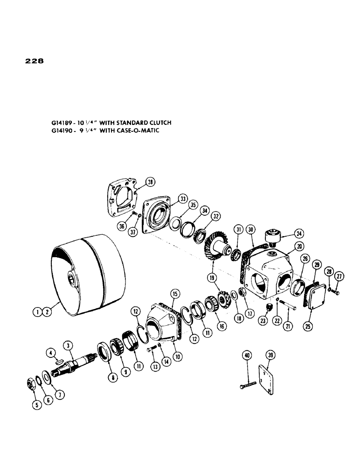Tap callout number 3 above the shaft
pyautogui.click(x=69, y=345)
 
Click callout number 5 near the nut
pyautogui.click(x=37, y=405)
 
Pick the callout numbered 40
pyautogui.click(x=246, y=356)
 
